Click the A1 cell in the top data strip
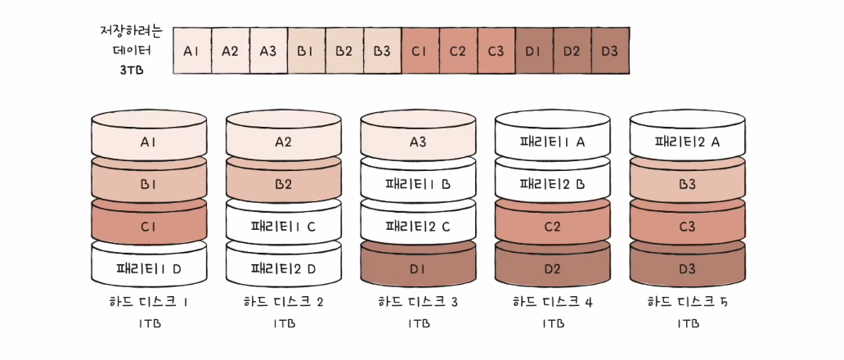pyautogui.click(x=192, y=51)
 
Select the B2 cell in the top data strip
pyautogui.click(x=344, y=51)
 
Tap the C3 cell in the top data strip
pyautogui.click(x=496, y=51)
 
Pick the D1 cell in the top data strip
pyautogui.click(x=534, y=51)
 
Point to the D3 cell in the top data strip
pyautogui.click(x=610, y=51)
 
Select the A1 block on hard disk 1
pyautogui.click(x=149, y=142)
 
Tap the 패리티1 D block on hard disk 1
pyautogui.click(x=149, y=268)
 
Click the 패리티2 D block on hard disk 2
pyautogui.click(x=283, y=268)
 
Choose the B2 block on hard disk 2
pyautogui.click(x=283, y=184)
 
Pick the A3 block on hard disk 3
pyautogui.click(x=417, y=142)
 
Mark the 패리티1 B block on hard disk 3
pyautogui.click(x=417, y=184)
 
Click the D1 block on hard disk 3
pyautogui.click(x=417, y=268)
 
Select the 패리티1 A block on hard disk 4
pyautogui.click(x=552, y=142)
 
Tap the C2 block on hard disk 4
pyautogui.click(x=552, y=226)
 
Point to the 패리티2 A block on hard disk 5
pyautogui.click(x=687, y=142)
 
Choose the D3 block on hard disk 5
pyautogui.click(x=687, y=268)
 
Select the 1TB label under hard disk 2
pyautogui.click(x=283, y=324)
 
